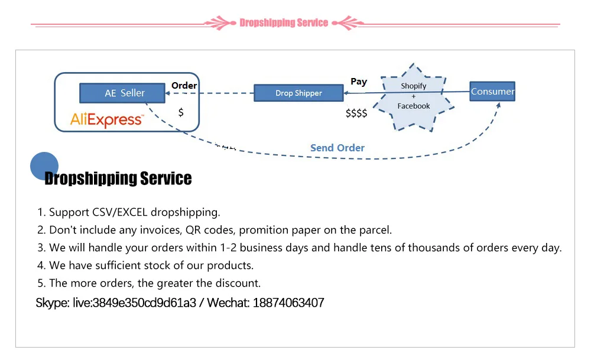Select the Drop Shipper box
tap(298, 93)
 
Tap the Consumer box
tap(492, 92)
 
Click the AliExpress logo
tap(106, 119)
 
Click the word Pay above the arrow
tap(359, 82)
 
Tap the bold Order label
tap(184, 86)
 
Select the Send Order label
tap(337, 148)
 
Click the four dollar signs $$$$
tap(356, 113)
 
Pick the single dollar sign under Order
tap(181, 112)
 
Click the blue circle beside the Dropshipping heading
tap(44, 166)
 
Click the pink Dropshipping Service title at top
tap(284, 23)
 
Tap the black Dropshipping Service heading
tap(118, 179)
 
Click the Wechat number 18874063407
tap(288, 303)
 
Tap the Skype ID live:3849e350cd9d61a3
tap(134, 303)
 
